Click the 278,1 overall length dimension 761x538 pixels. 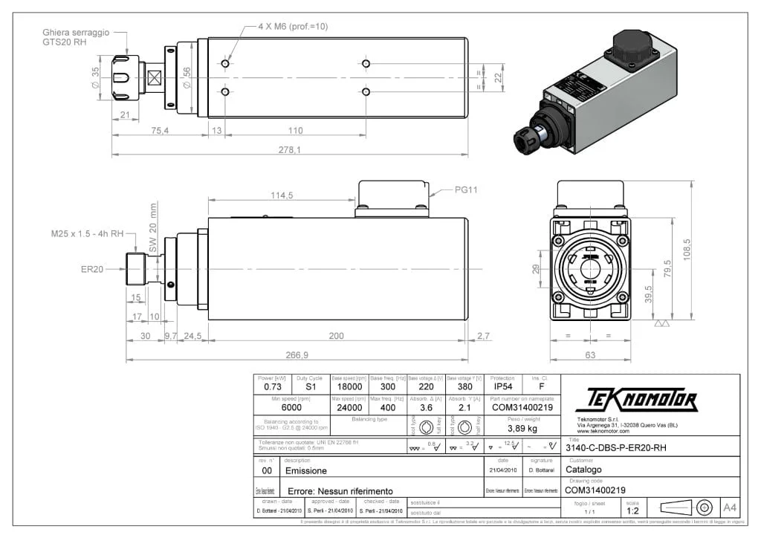point(290,149)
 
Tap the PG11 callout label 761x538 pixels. point(466,189)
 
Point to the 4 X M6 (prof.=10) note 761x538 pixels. point(293,26)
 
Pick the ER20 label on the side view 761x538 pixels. point(92,269)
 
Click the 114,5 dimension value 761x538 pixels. point(282,195)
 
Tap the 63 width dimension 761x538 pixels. point(590,355)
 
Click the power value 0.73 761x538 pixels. point(272,387)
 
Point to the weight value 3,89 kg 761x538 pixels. point(522,429)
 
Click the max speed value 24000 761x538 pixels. point(350,407)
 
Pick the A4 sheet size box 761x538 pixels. point(730,508)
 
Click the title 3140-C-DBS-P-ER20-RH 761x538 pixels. point(615,448)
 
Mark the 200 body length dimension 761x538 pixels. point(336,336)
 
